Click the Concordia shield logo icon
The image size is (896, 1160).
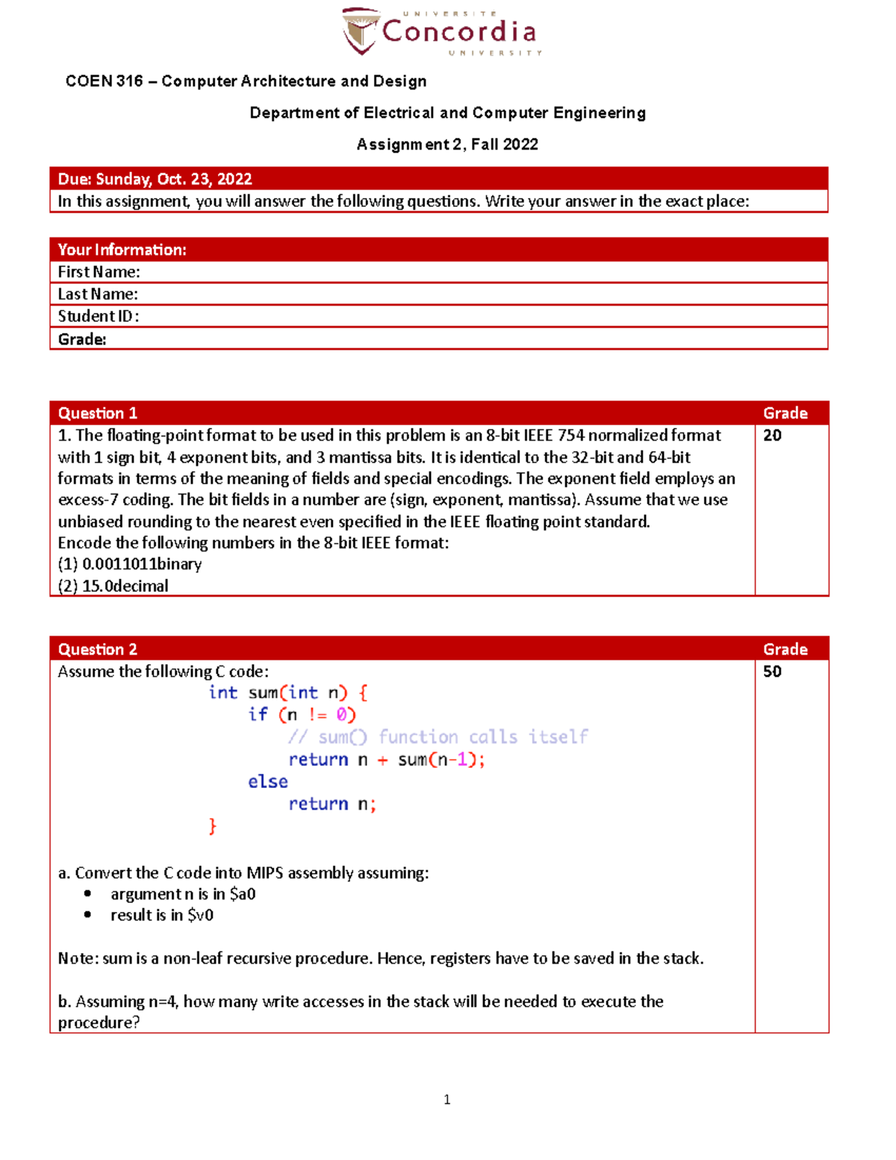[361, 31]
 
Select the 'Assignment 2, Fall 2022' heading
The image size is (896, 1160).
[447, 144]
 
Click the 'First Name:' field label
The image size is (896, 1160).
[99, 272]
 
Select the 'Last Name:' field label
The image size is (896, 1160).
[98, 294]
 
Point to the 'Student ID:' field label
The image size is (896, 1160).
[99, 316]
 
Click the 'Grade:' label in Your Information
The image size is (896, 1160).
[82, 339]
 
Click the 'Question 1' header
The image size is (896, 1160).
[98, 413]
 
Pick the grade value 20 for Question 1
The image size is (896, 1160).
[772, 435]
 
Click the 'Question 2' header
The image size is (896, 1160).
[98, 649]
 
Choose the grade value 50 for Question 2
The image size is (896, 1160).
[772, 672]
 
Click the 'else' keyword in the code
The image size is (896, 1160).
[267, 781]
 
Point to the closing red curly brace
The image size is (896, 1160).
[213, 826]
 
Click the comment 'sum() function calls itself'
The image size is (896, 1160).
[438, 737]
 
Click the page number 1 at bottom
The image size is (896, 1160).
[447, 1099]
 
